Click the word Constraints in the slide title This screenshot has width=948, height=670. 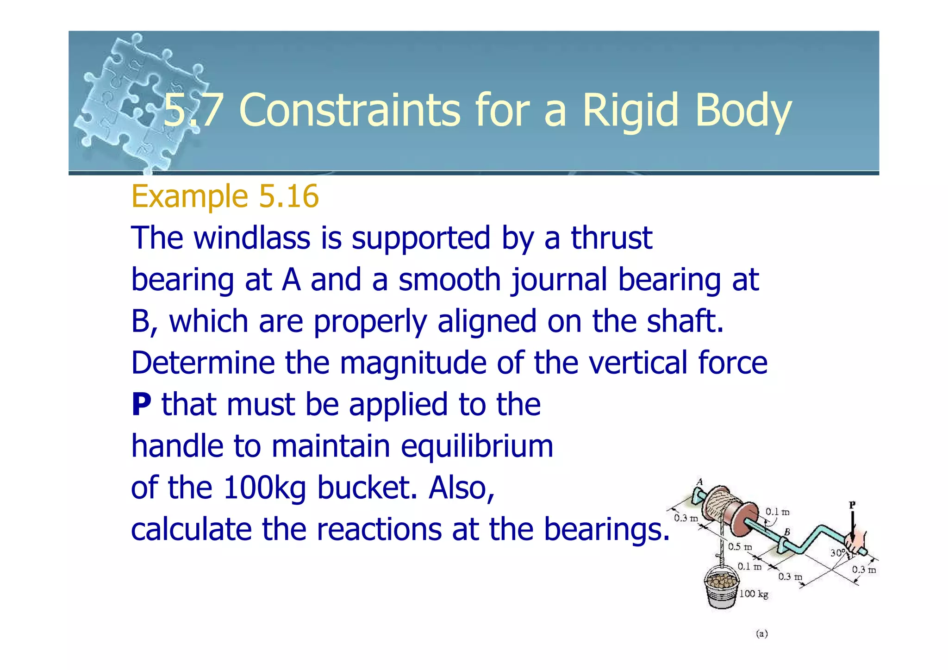(349, 110)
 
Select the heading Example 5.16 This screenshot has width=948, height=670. (225, 196)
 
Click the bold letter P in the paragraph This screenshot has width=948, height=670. (141, 404)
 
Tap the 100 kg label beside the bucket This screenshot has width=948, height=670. (754, 594)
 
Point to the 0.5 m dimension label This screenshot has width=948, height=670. (740, 547)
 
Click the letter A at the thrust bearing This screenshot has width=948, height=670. (700, 482)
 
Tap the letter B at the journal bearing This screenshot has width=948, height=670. (786, 532)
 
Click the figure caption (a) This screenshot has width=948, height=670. (761, 634)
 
